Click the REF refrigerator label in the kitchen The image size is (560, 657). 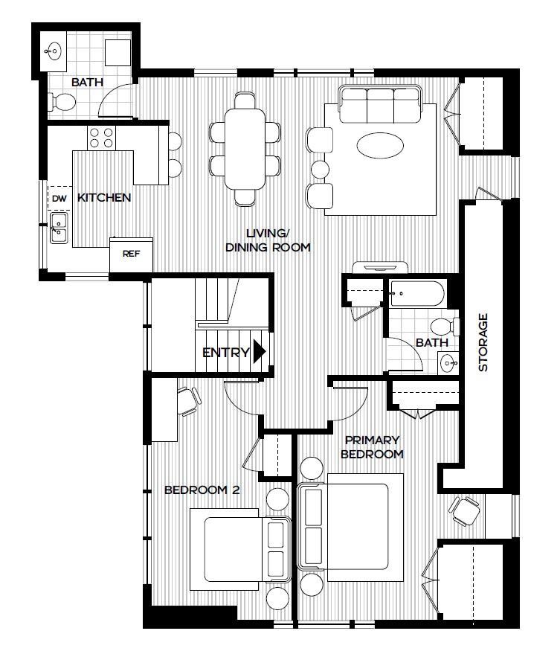click(x=131, y=254)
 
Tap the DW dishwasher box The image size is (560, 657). click(x=59, y=198)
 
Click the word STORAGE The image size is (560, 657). click(x=483, y=342)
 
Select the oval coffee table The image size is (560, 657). click(x=382, y=145)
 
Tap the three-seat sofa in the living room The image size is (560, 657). click(x=380, y=104)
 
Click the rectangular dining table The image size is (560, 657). click(x=245, y=149)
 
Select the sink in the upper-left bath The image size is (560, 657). click(x=54, y=52)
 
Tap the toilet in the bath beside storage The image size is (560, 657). click(x=443, y=326)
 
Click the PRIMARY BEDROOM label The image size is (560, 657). click(x=372, y=446)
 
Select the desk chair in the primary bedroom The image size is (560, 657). click(x=464, y=510)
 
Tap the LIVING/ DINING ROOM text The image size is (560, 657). click(x=268, y=240)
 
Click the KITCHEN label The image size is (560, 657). click(x=104, y=198)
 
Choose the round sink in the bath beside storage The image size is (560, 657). click(x=446, y=362)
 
